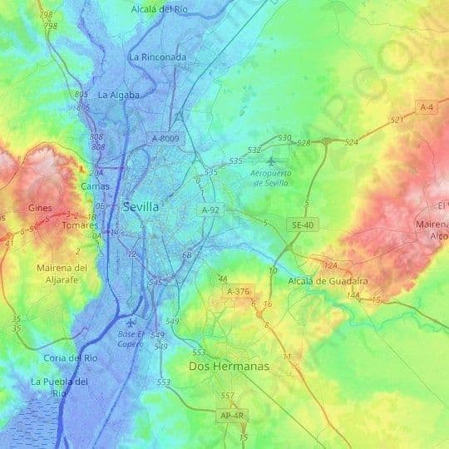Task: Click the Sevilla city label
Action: [x=141, y=206]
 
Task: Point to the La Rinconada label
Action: [x=157, y=57]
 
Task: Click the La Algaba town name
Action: [x=118, y=95]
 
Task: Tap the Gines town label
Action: [x=39, y=207]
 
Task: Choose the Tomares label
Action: [x=80, y=225]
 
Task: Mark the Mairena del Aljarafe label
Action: [x=62, y=274]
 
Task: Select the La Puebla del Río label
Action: [x=58, y=387]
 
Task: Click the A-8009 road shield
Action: [x=165, y=138]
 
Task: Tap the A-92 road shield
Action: [x=211, y=211]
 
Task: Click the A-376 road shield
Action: [x=238, y=292]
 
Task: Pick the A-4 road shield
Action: [x=427, y=107]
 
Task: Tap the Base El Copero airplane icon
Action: [x=129, y=323]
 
